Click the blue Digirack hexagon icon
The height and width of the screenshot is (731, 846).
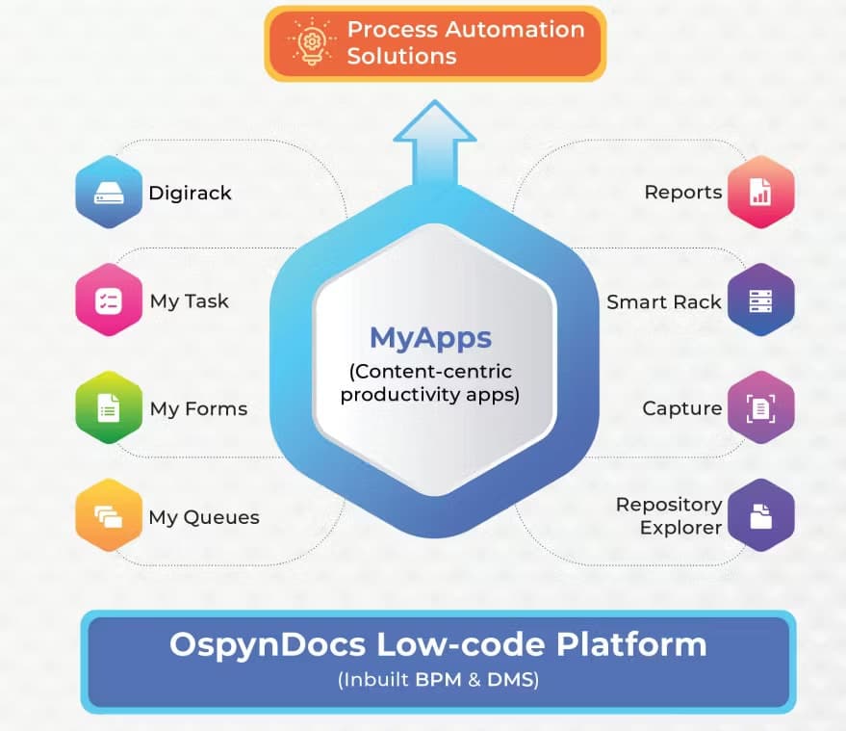pyautogui.click(x=109, y=192)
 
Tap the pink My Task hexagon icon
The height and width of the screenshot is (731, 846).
pyautogui.click(x=109, y=300)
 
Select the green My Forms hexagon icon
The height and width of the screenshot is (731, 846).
pyautogui.click(x=109, y=408)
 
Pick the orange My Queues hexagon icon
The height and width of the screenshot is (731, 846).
pyautogui.click(x=109, y=516)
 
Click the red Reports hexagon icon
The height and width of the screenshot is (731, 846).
pyautogui.click(x=760, y=192)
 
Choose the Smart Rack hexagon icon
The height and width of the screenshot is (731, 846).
pyautogui.click(x=760, y=300)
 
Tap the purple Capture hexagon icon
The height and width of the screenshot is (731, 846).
pyautogui.click(x=760, y=408)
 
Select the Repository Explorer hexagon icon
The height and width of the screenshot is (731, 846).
pyautogui.click(x=760, y=515)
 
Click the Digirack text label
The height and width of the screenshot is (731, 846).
pyautogui.click(x=190, y=193)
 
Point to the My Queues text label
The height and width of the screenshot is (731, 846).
pyautogui.click(x=204, y=517)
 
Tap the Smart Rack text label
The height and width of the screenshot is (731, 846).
pyautogui.click(x=664, y=301)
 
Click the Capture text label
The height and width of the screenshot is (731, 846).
pyautogui.click(x=682, y=408)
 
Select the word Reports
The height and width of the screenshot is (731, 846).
pyautogui.click(x=683, y=192)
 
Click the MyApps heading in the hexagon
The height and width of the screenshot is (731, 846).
pyautogui.click(x=430, y=337)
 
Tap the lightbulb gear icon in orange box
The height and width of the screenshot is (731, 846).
pyautogui.click(x=310, y=42)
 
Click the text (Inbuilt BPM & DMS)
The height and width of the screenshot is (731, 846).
pyautogui.click(x=438, y=680)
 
